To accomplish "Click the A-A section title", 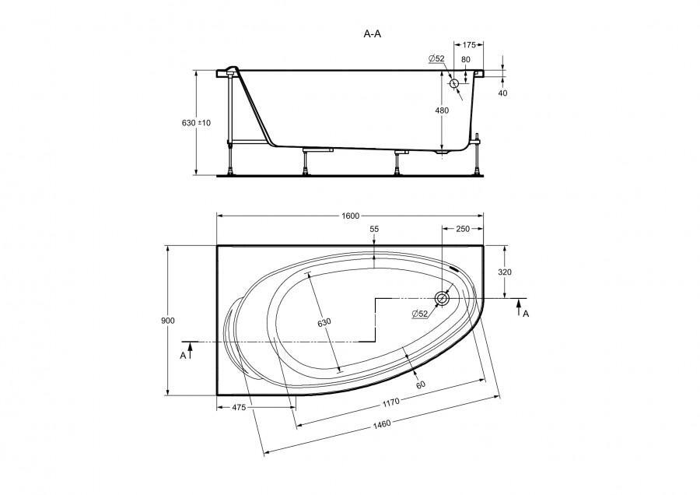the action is point(373,34).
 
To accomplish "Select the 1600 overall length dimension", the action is point(351,216).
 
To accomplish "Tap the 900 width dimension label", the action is point(168,321).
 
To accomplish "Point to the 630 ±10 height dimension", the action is point(196,123).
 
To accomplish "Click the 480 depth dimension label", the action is point(442,111).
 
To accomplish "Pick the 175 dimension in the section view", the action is point(469,45).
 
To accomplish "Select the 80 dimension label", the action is point(466,59).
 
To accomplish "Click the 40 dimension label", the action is point(502,93).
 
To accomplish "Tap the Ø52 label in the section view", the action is point(436,58).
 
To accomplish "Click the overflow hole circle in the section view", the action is point(454,83).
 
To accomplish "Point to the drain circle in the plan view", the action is point(443,298).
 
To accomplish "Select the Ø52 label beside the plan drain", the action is point(420,314).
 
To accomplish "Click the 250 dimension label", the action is point(463,229).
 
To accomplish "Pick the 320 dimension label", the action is point(505,272).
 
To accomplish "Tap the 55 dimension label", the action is point(374,229).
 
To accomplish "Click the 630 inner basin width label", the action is point(324,322).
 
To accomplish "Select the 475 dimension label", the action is point(239,407).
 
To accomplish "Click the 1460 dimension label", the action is point(382,423).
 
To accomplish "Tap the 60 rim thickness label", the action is point(420,384).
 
